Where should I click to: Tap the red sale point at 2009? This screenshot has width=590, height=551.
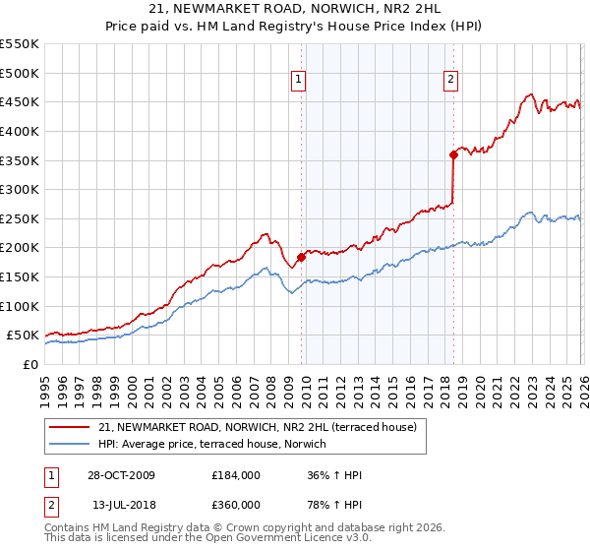click(x=301, y=257)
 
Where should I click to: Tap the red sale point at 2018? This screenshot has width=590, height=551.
click(x=453, y=153)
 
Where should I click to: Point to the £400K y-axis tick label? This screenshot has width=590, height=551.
click(x=20, y=131)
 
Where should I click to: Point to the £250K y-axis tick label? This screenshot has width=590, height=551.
click(x=20, y=218)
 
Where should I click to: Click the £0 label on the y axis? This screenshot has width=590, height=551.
click(x=29, y=364)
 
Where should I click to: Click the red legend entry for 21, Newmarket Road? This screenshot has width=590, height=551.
click(x=258, y=427)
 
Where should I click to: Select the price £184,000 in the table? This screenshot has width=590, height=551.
click(x=236, y=475)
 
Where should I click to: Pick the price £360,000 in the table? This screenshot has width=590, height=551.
click(x=236, y=505)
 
